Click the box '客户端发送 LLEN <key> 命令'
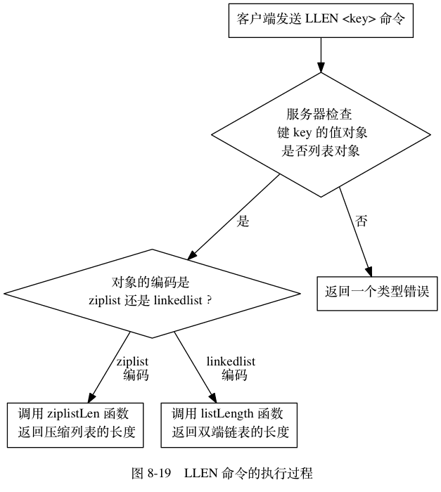[321, 22]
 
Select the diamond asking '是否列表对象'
[321, 133]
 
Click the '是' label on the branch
[243, 221]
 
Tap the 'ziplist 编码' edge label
[133, 368]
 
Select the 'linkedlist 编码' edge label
[231, 368]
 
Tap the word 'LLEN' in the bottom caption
[199, 472]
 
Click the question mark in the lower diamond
[210, 300]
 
